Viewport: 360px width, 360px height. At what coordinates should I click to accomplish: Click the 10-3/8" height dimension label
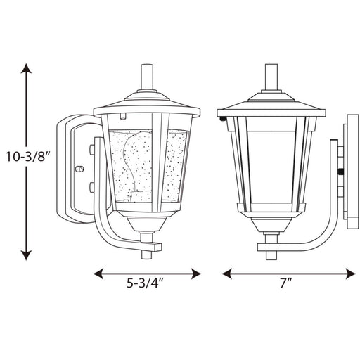click(x=28, y=157)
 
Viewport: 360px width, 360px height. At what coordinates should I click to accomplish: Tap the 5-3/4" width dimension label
click(x=145, y=283)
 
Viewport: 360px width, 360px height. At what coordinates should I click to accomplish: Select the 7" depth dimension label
click(x=285, y=283)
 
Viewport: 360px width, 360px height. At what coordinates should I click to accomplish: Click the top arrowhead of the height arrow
click(x=26, y=68)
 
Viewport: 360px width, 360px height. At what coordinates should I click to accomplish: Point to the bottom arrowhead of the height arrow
click(x=26, y=255)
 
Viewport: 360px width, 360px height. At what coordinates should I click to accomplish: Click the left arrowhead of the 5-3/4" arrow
click(x=98, y=274)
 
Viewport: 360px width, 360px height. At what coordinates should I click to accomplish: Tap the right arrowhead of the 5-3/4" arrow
click(x=196, y=274)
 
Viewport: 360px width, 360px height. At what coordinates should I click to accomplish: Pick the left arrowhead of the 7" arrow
click(x=227, y=274)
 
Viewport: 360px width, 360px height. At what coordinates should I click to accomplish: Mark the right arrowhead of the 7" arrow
click(x=351, y=274)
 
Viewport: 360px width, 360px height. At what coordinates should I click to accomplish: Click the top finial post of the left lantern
click(x=147, y=77)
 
